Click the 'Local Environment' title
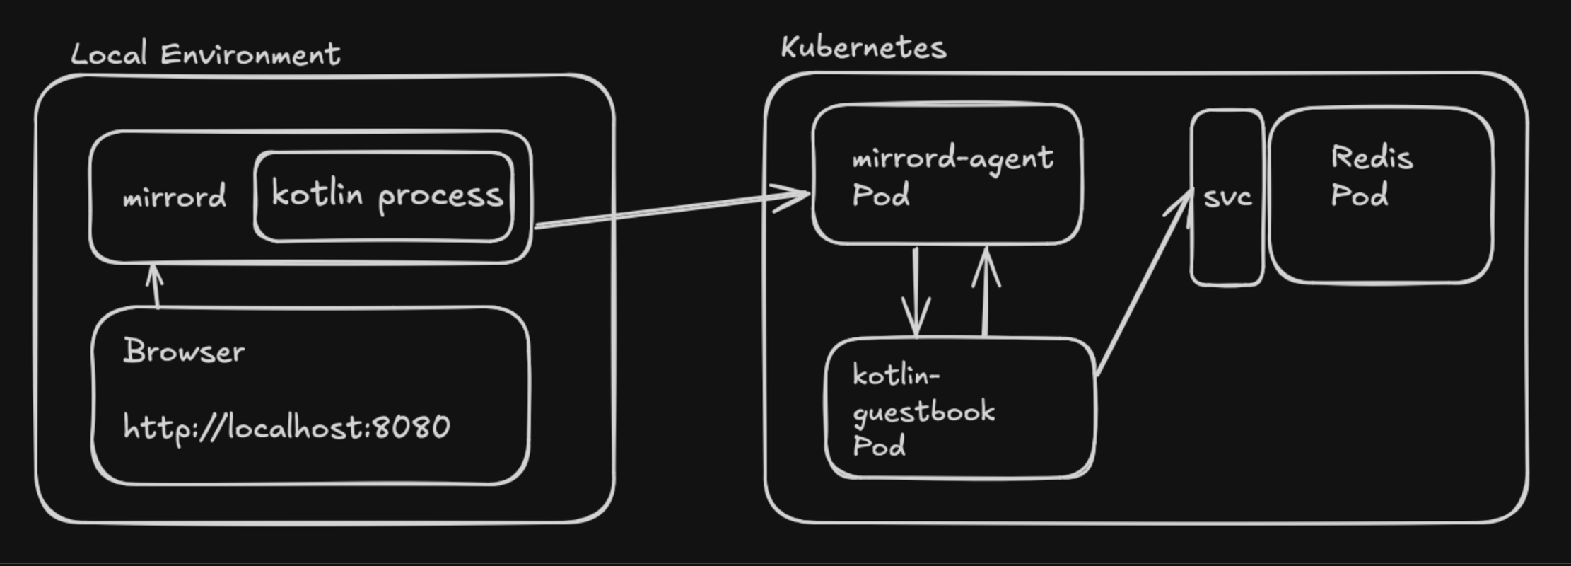(x=206, y=54)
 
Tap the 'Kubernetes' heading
(x=863, y=48)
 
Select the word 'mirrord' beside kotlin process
(x=175, y=197)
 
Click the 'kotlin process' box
(x=386, y=195)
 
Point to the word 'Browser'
(x=184, y=351)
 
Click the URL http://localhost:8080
(x=286, y=427)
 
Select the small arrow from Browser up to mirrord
(x=156, y=286)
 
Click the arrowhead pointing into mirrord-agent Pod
(x=795, y=196)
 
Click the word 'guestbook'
(x=923, y=412)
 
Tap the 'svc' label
(x=1227, y=197)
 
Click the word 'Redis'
(x=1372, y=157)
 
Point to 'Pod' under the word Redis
(x=1359, y=195)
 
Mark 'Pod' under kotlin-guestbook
(x=879, y=446)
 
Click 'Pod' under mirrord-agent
(x=880, y=195)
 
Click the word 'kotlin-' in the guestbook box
(x=895, y=376)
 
